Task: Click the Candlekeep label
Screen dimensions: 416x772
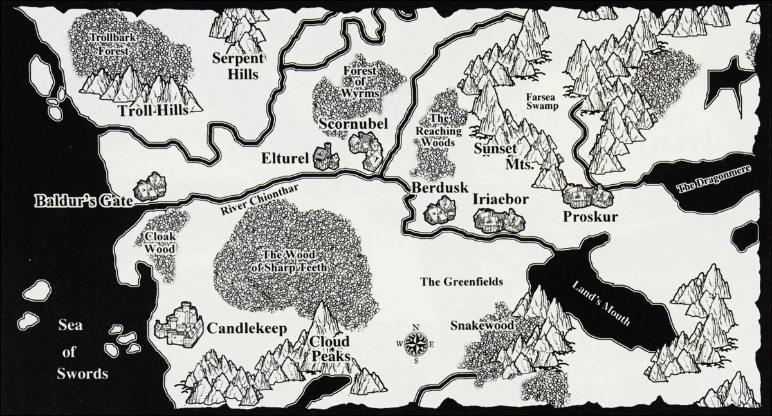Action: point(246,328)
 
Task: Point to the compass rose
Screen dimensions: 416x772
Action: point(415,343)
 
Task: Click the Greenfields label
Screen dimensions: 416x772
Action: point(461,281)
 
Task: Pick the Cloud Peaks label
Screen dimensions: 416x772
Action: point(329,348)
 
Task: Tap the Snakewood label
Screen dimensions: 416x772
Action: point(482,326)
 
